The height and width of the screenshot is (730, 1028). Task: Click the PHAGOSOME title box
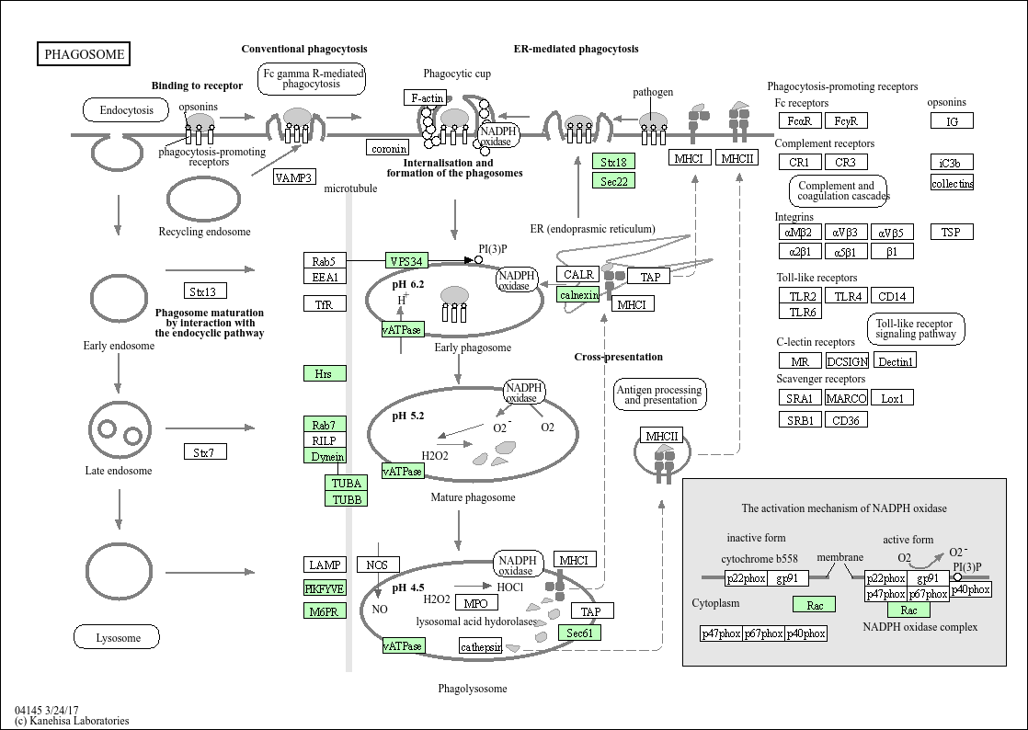pyautogui.click(x=84, y=54)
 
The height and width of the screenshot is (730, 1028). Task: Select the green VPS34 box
pyautogui.click(x=406, y=261)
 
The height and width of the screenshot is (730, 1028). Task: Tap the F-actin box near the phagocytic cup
pyautogui.click(x=427, y=97)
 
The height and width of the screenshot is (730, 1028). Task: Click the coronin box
pyautogui.click(x=388, y=148)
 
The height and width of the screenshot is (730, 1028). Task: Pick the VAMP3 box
pyautogui.click(x=294, y=177)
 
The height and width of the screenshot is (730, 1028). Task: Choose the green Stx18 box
pyautogui.click(x=613, y=162)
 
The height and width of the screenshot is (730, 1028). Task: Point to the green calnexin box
pyautogui.click(x=578, y=294)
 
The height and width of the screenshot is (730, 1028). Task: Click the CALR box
pyautogui.click(x=578, y=274)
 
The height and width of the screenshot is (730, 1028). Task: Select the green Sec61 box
pyautogui.click(x=579, y=633)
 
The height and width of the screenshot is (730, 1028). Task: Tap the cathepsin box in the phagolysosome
pyautogui.click(x=482, y=646)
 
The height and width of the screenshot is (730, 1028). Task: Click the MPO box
pyautogui.click(x=475, y=603)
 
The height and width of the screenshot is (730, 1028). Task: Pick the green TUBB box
pyautogui.click(x=346, y=499)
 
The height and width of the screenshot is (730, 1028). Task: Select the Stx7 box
pyautogui.click(x=204, y=452)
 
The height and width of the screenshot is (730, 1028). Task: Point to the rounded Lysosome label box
pyautogui.click(x=117, y=637)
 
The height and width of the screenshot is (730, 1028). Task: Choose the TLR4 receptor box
pyautogui.click(x=845, y=296)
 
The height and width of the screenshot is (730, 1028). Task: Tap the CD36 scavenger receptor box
pyautogui.click(x=845, y=420)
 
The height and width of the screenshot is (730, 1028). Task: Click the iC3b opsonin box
pyautogui.click(x=951, y=163)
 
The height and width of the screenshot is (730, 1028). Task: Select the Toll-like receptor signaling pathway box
pyautogui.click(x=915, y=329)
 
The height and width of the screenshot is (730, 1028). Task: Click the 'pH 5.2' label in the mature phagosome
pyautogui.click(x=408, y=416)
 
